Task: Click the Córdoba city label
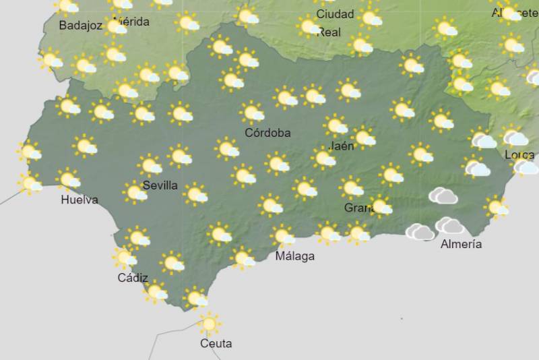pyautogui.click(x=267, y=133)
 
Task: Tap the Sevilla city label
pyautogui.click(x=160, y=185)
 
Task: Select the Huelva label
pyautogui.click(x=80, y=200)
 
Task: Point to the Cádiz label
pyautogui.click(x=133, y=278)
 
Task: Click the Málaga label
pyautogui.click(x=295, y=256)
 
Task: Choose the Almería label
pyautogui.click(x=461, y=244)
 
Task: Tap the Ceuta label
pyautogui.click(x=216, y=344)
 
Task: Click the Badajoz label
pyautogui.click(x=80, y=26)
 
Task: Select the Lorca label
pyautogui.click(x=519, y=155)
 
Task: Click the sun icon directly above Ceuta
pyautogui.click(x=209, y=324)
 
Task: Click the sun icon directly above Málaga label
pyautogui.click(x=284, y=236)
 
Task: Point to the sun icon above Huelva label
pyautogui.click(x=69, y=179)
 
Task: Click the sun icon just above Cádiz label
pyautogui.click(x=125, y=258)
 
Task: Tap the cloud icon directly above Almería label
pyautogui.click(x=449, y=225)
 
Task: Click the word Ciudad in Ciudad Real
pyautogui.click(x=335, y=13)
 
